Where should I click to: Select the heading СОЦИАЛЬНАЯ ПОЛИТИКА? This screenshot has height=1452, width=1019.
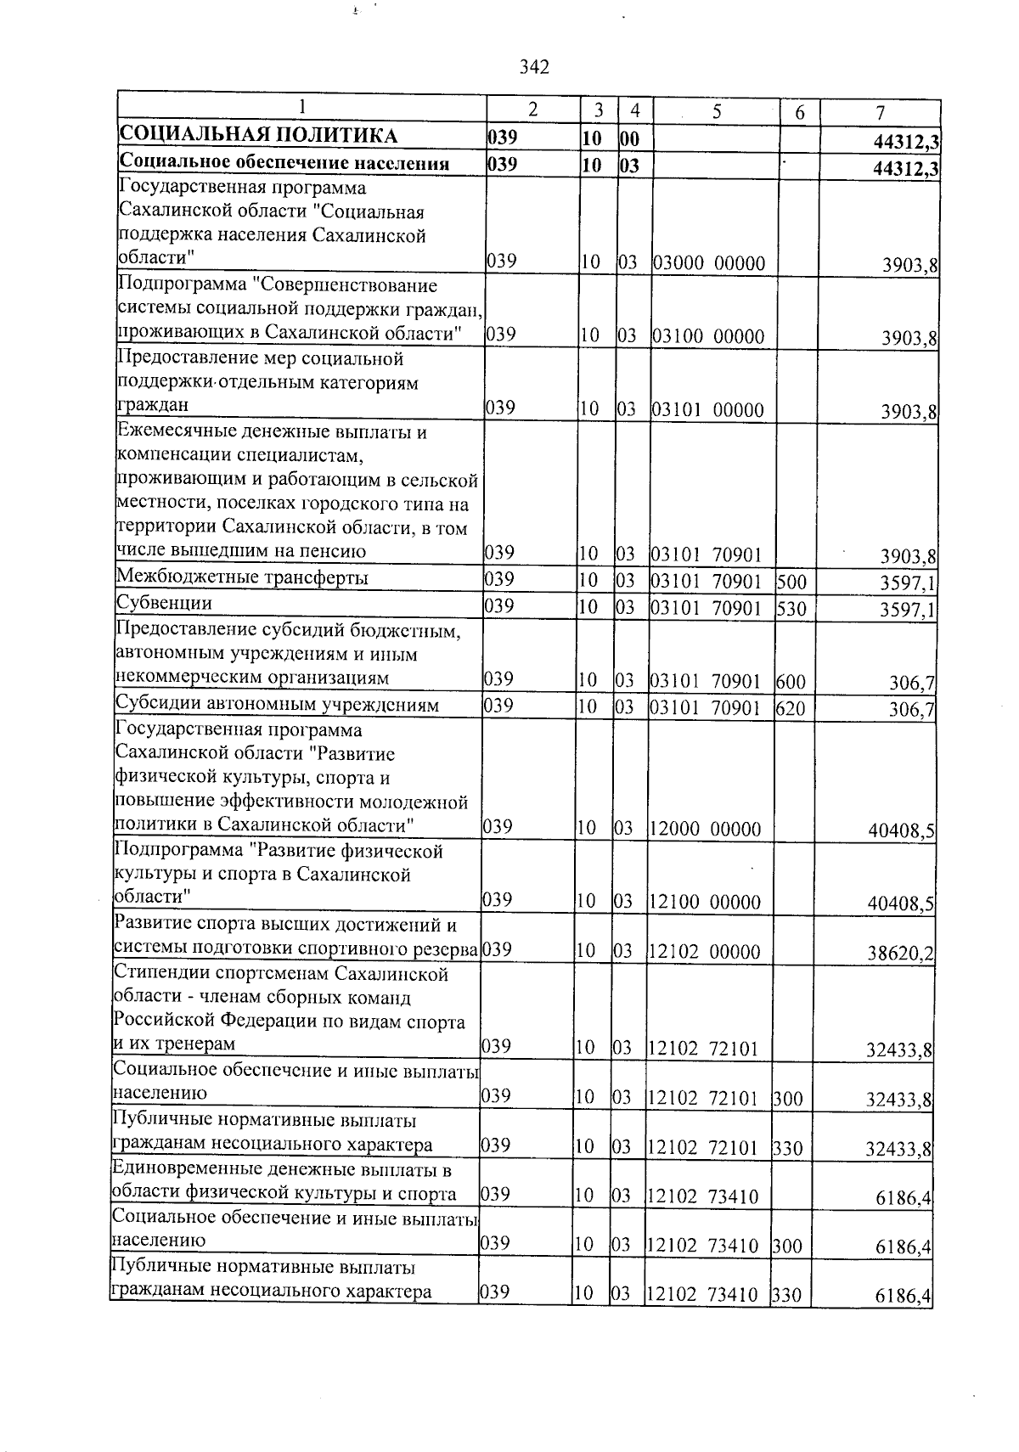[x=257, y=136]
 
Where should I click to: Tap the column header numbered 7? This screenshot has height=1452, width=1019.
[x=881, y=112]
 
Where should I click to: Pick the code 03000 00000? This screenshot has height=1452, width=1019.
[x=708, y=263]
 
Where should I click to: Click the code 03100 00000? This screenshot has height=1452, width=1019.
[x=708, y=337]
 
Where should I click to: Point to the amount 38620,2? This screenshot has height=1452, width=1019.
[x=900, y=954]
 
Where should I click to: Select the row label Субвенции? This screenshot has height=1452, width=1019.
[x=164, y=604]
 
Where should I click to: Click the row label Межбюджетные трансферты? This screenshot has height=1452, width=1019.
[x=242, y=579]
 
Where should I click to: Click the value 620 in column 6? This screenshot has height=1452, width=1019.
[x=790, y=708]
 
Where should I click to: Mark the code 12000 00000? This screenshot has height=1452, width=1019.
[x=705, y=830]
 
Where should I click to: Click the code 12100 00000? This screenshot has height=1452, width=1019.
[x=705, y=903]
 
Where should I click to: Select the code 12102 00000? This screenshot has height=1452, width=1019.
[x=705, y=952]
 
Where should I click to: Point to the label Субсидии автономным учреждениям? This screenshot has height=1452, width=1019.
[x=277, y=705]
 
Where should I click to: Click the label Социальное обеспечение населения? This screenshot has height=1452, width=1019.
[x=284, y=163]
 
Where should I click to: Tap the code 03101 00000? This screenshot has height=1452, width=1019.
[x=708, y=411]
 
